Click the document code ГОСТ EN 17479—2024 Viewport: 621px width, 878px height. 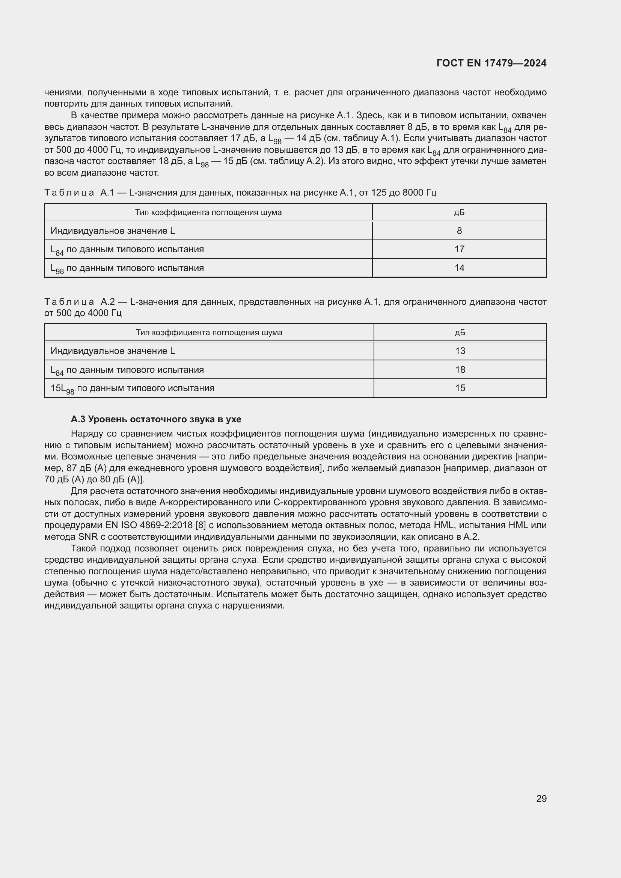491,63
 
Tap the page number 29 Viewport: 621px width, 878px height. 541,798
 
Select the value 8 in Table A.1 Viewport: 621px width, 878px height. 459,230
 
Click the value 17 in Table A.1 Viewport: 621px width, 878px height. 459,249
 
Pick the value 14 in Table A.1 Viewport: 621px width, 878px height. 459,268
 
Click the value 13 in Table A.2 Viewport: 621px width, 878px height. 460,351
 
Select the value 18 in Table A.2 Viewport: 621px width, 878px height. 460,370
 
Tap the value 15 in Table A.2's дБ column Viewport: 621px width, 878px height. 460,388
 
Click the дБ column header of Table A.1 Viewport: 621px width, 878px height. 459,212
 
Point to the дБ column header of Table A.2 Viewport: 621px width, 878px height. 460,333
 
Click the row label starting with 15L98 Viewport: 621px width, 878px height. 132,389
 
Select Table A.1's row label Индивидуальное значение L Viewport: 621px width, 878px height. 112,231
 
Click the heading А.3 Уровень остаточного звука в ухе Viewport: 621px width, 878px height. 156,420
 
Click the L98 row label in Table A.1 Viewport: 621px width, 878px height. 127,268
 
